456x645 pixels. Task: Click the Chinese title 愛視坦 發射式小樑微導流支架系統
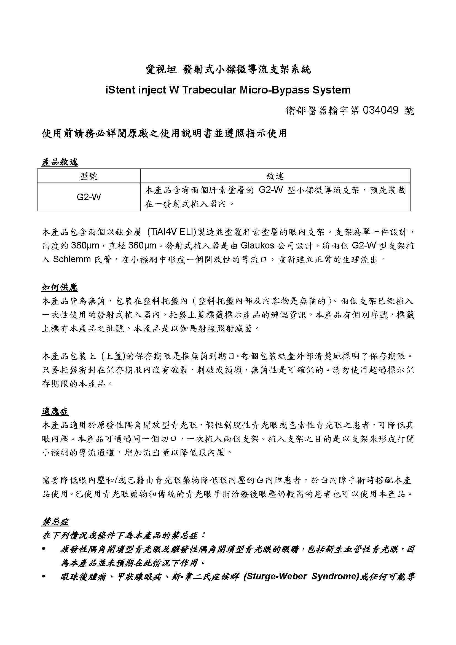(228, 69)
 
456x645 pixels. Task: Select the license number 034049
(380, 110)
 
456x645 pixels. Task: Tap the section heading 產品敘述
(60, 162)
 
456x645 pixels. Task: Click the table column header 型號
(89, 176)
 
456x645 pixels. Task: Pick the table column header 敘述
(275, 176)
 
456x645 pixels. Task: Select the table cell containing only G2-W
(89, 197)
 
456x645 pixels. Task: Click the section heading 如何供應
(60, 287)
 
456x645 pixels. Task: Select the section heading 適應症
(55, 412)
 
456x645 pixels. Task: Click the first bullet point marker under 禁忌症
(44, 549)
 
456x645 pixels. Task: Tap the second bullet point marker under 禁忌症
(44, 576)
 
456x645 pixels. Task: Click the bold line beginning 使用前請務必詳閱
(164, 133)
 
